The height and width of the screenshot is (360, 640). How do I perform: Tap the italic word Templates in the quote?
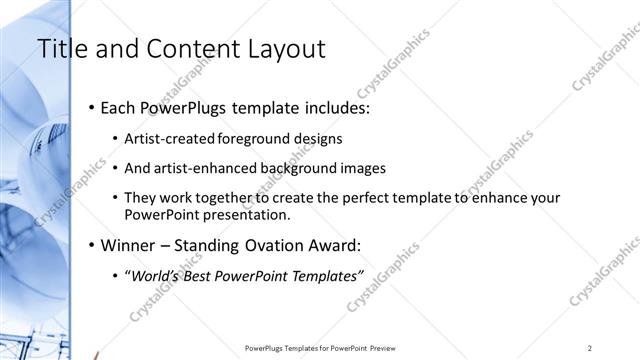tap(323, 276)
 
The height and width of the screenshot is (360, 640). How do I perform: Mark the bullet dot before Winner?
tap(92, 245)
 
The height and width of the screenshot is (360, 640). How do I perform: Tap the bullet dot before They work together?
tap(116, 198)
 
